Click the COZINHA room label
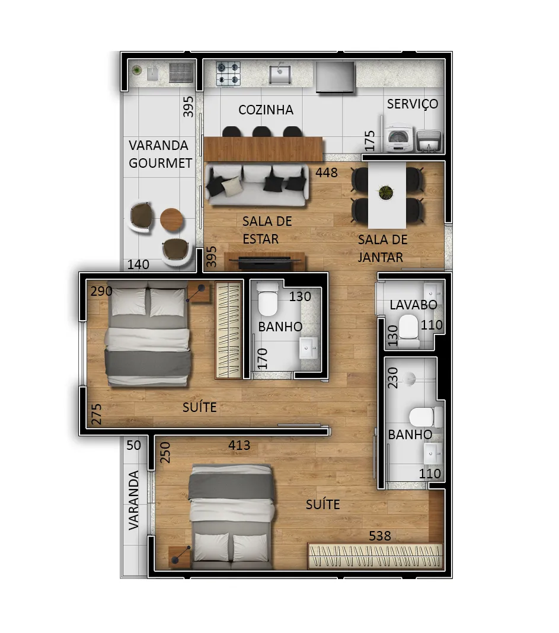click(x=266, y=110)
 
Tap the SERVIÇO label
click(x=413, y=104)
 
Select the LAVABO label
click(x=413, y=305)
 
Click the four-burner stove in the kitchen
click(x=228, y=73)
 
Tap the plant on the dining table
click(x=386, y=192)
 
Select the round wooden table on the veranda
click(x=172, y=219)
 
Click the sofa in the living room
click(x=257, y=185)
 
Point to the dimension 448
click(x=327, y=173)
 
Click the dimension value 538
click(x=379, y=536)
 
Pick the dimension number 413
click(x=239, y=445)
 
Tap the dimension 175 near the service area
click(x=369, y=141)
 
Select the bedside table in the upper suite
click(x=199, y=292)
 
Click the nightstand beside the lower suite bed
click(x=180, y=557)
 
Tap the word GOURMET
click(x=160, y=163)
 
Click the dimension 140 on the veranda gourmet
click(x=138, y=264)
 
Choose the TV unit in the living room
click(x=264, y=261)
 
